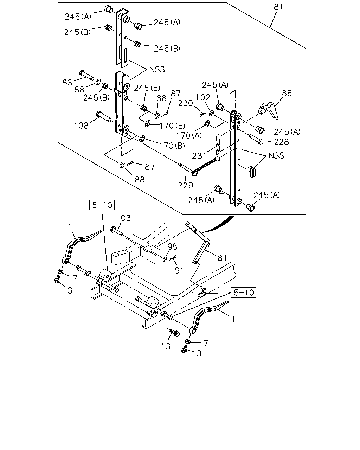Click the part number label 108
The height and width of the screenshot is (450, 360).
(82, 126)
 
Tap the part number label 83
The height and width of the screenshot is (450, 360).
(67, 83)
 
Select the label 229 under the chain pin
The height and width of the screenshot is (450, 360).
(185, 185)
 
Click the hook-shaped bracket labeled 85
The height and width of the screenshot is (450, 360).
(269, 110)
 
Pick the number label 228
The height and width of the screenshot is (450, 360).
(281, 142)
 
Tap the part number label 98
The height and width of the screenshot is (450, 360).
(172, 246)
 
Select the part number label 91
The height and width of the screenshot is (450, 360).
(179, 270)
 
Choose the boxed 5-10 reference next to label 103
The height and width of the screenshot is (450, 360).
(102, 205)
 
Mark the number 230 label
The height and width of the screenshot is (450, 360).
(185, 103)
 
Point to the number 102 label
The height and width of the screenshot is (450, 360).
(203, 97)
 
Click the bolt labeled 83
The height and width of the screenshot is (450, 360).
(86, 75)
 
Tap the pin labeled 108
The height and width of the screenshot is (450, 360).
(104, 116)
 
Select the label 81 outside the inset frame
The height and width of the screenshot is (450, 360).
(222, 258)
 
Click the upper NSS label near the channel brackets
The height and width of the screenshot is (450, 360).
(157, 69)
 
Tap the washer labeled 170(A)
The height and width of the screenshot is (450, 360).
(207, 124)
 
